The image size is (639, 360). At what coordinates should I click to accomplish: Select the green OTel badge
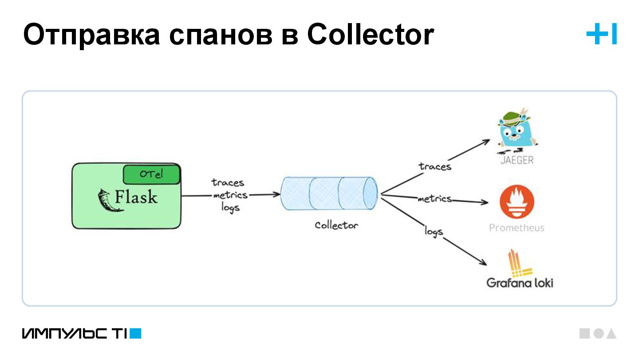(151, 174)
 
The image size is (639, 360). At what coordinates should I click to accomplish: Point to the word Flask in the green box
(136, 197)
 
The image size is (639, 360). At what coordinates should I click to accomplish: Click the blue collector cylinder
(328, 194)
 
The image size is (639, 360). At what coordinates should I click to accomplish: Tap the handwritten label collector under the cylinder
(336, 225)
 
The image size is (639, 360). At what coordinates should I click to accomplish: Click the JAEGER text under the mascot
(517, 160)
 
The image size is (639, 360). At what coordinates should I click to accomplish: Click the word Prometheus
(517, 228)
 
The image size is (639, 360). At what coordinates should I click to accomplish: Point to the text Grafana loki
(520, 283)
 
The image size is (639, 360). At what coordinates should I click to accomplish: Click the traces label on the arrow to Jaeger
(435, 166)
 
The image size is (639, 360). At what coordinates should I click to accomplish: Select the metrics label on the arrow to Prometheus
(434, 199)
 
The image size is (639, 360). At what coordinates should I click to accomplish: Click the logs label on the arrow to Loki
(434, 231)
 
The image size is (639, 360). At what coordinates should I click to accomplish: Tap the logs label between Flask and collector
(230, 207)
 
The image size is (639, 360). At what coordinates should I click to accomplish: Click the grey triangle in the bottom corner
(611, 334)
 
